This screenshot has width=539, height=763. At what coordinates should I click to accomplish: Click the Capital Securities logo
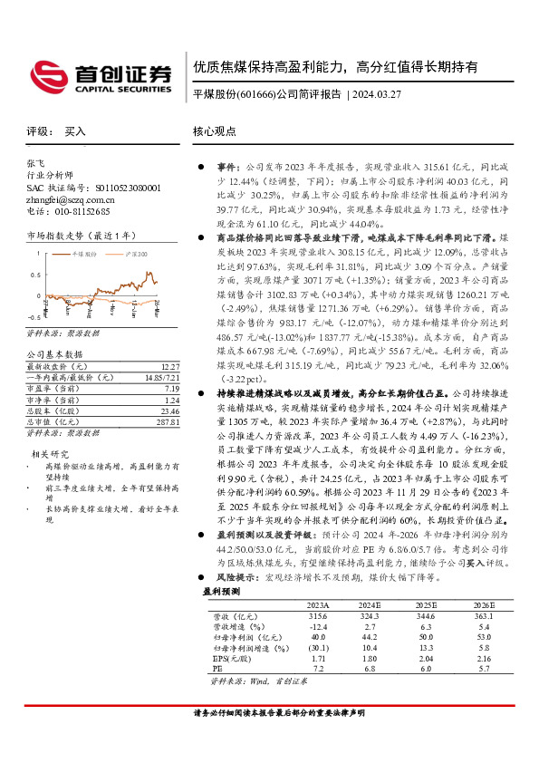click(x=101, y=75)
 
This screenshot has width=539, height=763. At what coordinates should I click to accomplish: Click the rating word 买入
click(x=75, y=130)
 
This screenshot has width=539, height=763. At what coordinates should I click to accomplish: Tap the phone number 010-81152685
click(x=85, y=211)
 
